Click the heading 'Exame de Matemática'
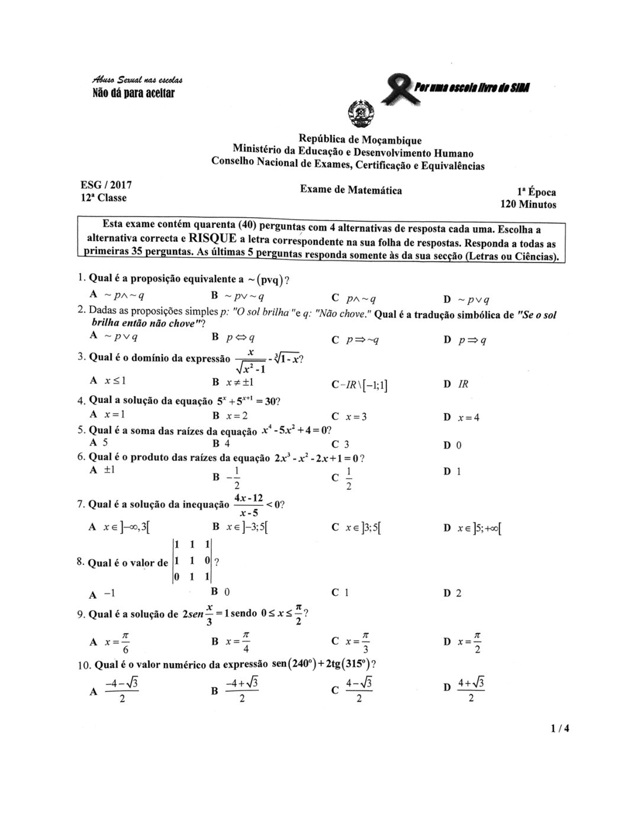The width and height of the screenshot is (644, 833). (x=351, y=190)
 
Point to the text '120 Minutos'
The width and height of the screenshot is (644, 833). (x=529, y=205)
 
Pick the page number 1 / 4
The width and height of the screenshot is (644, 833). (x=558, y=728)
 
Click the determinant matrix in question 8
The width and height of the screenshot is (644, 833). (x=192, y=561)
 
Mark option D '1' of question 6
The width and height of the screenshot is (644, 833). (x=453, y=472)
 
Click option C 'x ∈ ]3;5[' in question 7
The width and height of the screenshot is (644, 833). (x=356, y=527)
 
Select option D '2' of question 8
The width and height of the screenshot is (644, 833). (x=453, y=593)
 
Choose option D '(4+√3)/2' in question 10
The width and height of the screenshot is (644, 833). (x=465, y=690)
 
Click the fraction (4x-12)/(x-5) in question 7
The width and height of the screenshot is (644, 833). (x=249, y=505)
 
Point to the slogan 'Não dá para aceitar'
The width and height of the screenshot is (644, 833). (x=133, y=93)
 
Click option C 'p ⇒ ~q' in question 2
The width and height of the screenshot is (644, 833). (x=356, y=340)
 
